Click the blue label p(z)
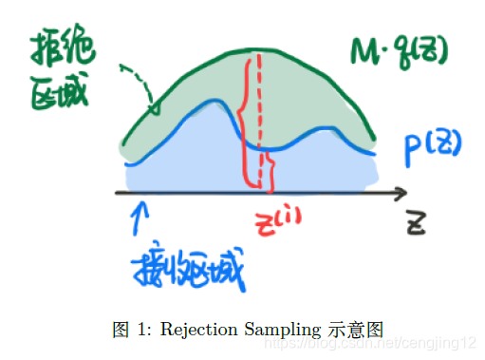(x=423, y=146)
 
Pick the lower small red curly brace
(x=272, y=171)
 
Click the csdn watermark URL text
(x=398, y=342)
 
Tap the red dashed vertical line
(x=257, y=123)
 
